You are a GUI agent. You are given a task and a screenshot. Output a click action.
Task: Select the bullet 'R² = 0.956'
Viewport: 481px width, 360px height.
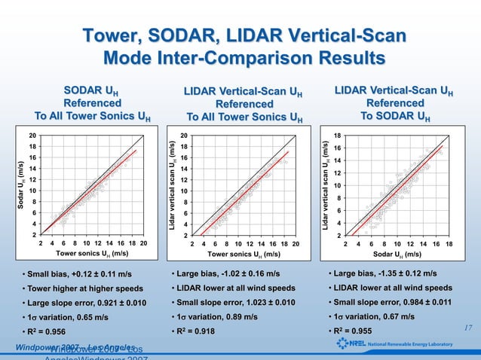tap(51, 331)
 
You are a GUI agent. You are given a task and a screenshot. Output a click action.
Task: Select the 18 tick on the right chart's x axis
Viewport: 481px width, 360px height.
tap(449, 244)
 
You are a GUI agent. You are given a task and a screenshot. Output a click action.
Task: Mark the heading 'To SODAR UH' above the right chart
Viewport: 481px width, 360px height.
tap(397, 116)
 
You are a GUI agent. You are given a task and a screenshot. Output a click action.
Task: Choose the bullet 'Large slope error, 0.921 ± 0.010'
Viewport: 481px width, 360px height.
tap(87, 303)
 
